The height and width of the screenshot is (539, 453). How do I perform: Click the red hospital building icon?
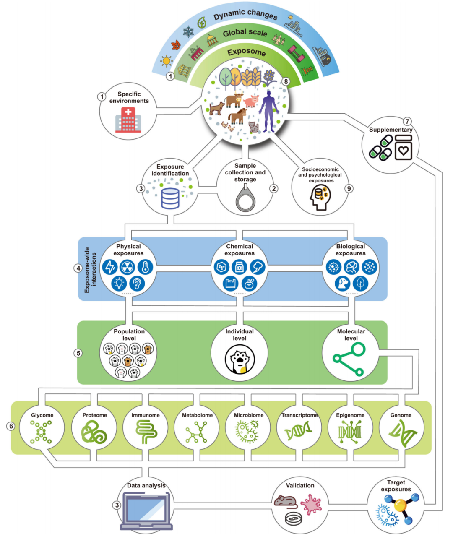pyautogui.click(x=128, y=120)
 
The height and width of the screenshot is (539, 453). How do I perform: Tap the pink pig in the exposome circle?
pyautogui.click(x=251, y=101)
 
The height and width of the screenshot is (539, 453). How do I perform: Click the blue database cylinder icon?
pyautogui.click(x=170, y=198)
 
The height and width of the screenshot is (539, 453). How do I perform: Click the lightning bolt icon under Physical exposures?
pyautogui.click(x=110, y=267)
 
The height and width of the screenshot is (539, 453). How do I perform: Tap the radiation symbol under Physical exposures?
pyautogui.click(x=128, y=267)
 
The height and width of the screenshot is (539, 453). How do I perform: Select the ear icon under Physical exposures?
pyautogui.click(x=137, y=284)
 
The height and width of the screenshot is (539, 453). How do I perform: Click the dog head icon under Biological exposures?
pyautogui.click(x=342, y=284)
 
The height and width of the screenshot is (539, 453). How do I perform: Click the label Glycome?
pyautogui.click(x=42, y=415)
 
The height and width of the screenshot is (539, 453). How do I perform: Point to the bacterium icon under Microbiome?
pyautogui.click(x=248, y=432)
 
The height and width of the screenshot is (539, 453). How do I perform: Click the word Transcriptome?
pyautogui.click(x=299, y=415)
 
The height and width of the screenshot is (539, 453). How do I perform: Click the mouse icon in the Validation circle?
pyautogui.click(x=286, y=500)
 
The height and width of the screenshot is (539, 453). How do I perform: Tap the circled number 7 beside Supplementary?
pyautogui.click(x=407, y=122)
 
